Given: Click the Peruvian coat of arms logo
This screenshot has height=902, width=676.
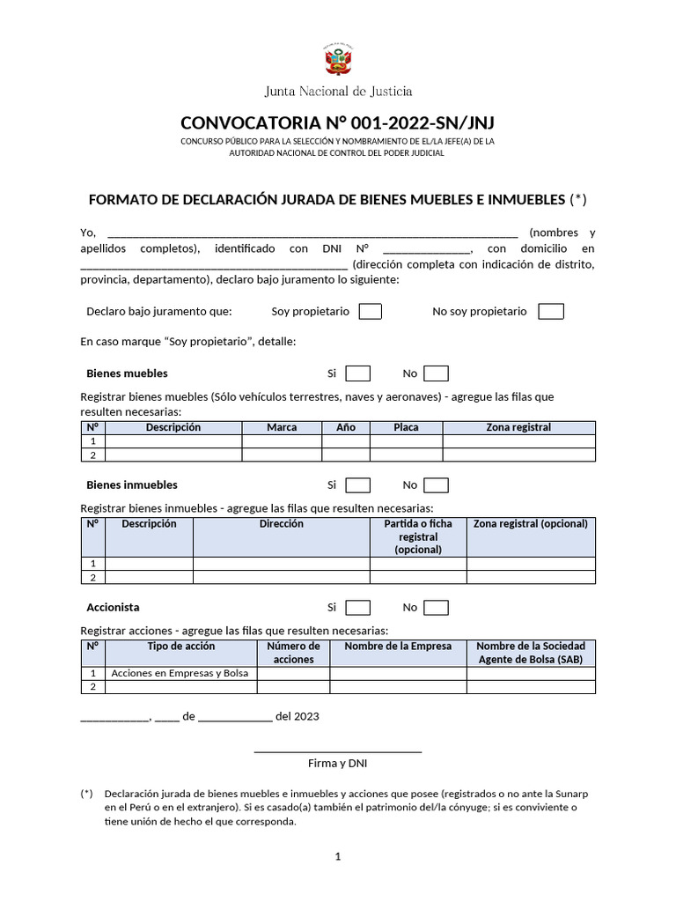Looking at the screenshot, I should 338,62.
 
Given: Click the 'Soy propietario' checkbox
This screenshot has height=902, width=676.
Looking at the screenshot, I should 371,312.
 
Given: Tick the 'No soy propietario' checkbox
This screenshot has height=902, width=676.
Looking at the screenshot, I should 551,312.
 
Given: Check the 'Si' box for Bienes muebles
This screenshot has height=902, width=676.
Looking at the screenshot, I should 358,373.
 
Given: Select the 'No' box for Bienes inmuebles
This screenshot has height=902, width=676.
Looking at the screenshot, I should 436,485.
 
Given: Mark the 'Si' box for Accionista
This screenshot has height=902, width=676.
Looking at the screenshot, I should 358,608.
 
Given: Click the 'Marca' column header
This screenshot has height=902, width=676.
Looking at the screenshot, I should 282,427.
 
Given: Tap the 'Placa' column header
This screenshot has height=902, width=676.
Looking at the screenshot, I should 406,427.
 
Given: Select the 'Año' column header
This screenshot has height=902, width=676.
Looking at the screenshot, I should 346,427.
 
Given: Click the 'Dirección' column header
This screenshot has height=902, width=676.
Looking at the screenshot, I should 281,524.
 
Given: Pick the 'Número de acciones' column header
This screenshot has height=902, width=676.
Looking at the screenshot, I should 293,653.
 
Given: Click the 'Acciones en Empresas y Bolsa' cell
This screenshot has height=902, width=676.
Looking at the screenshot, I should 180,674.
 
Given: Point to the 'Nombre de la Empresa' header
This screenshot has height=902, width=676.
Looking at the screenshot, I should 398,647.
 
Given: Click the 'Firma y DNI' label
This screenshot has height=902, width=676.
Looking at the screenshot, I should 337,764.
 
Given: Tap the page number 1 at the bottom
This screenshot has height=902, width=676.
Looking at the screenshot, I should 337,856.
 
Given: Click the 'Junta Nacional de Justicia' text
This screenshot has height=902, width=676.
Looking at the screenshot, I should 338,91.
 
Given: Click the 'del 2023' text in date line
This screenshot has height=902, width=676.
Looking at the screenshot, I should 298,717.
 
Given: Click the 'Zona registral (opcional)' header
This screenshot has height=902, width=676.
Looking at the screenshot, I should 530,524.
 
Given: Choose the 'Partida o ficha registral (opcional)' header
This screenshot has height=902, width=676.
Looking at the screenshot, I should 417,536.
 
